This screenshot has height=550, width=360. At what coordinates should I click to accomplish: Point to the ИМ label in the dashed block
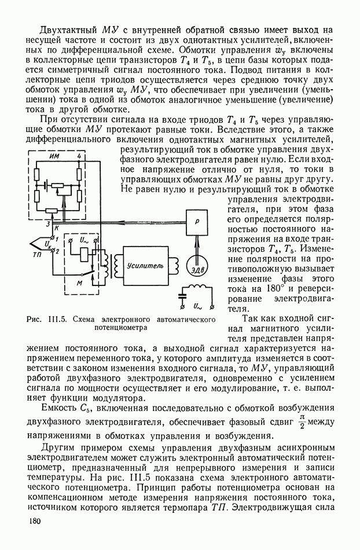(x=55, y=156)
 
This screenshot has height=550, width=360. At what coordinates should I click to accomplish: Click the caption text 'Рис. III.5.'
(x=44, y=319)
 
